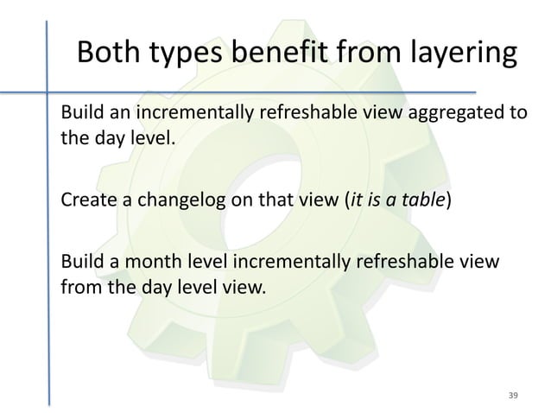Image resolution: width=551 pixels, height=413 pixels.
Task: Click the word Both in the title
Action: (109, 54)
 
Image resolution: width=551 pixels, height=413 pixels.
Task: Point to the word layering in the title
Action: (458, 54)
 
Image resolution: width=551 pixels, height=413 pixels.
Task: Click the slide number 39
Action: (513, 395)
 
